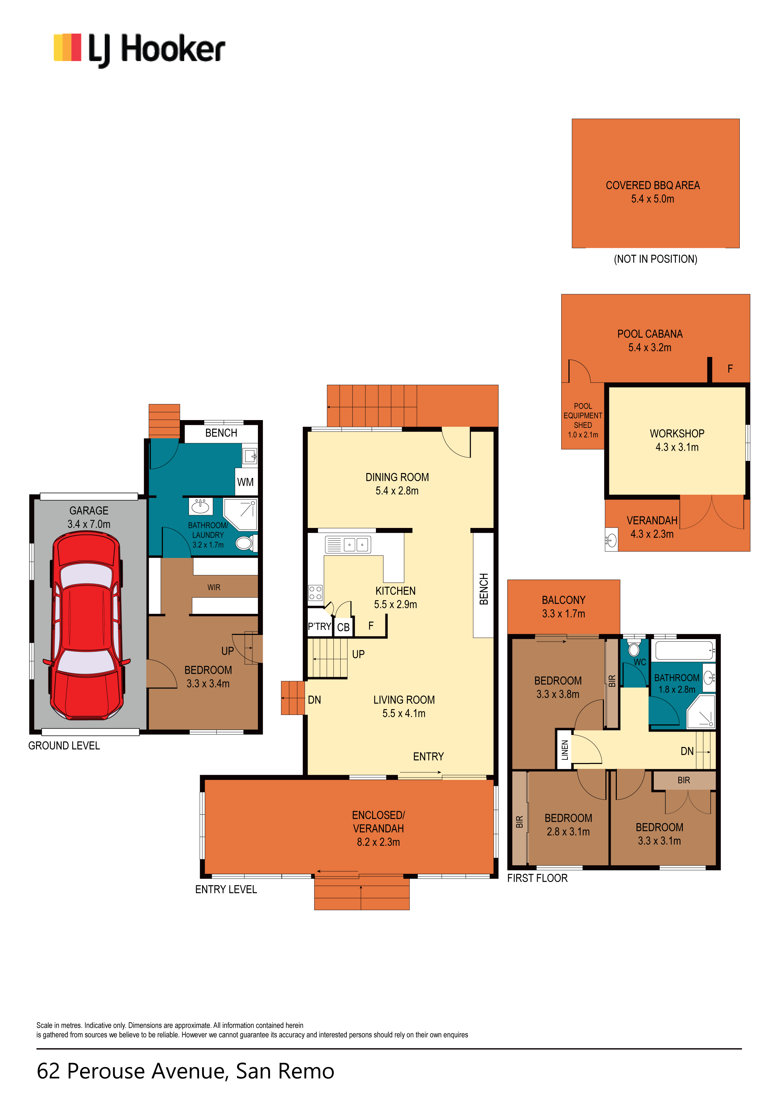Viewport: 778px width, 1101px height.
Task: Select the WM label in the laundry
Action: pyautogui.click(x=245, y=482)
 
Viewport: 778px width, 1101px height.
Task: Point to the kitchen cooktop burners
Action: pyautogui.click(x=315, y=593)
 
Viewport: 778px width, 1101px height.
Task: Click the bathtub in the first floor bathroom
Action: pyautogui.click(x=685, y=650)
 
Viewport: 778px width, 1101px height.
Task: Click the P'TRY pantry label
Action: pyautogui.click(x=319, y=626)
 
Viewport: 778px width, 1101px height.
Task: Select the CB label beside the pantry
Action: pyautogui.click(x=344, y=627)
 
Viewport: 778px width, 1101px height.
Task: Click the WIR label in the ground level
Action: pyautogui.click(x=214, y=587)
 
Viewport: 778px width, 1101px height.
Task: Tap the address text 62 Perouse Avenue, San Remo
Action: pyautogui.click(x=186, y=1071)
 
